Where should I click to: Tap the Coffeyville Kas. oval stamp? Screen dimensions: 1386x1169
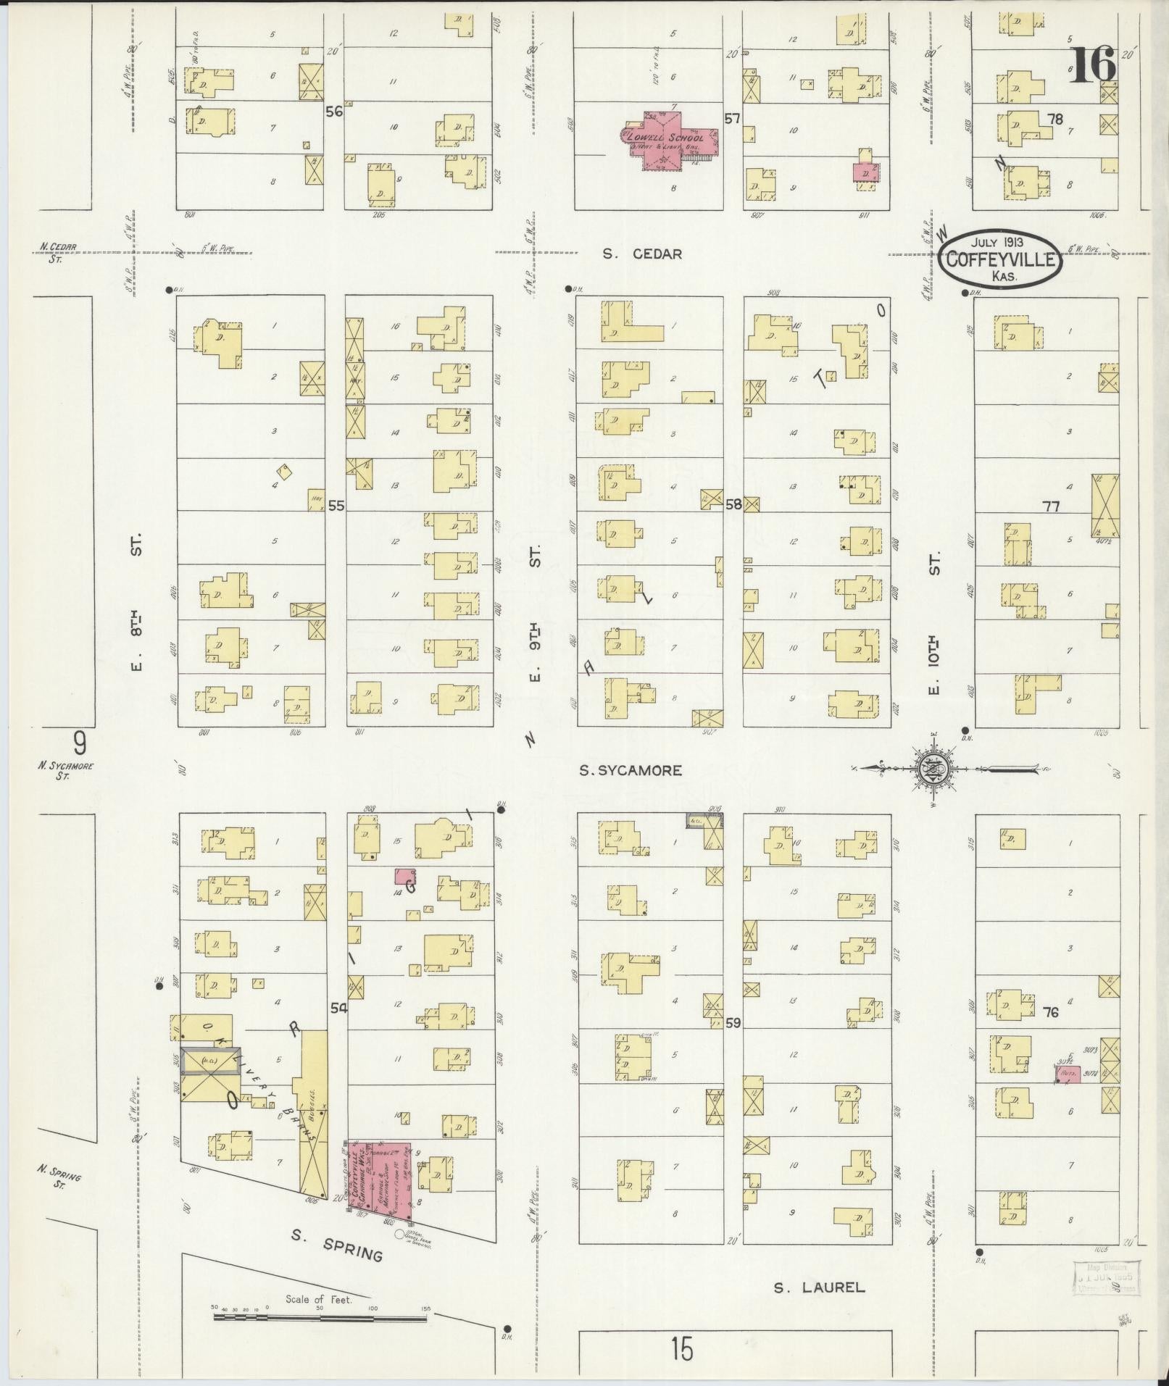coord(1000,258)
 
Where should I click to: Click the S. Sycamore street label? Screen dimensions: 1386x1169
coord(631,770)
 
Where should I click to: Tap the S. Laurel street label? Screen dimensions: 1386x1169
coord(818,1287)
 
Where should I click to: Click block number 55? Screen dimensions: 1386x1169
coord(336,505)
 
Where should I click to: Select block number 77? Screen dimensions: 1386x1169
coord(1051,506)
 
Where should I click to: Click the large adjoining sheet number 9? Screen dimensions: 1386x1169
coord(80,743)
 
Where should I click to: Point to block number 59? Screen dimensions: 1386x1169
coord(733,1023)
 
